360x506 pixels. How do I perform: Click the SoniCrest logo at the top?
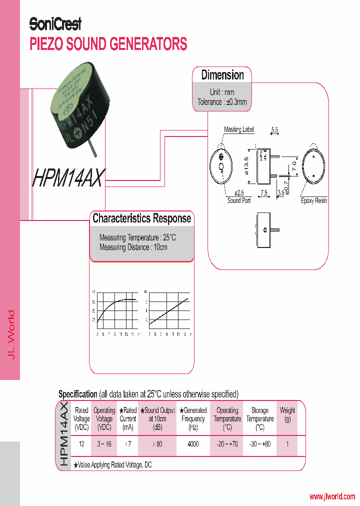pos(55,23)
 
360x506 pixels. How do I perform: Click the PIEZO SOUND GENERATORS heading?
pos(108,44)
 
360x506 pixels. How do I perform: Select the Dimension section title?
pos(222,75)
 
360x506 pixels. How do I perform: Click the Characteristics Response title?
pos(141,218)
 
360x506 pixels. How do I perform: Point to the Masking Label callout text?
pos(238,129)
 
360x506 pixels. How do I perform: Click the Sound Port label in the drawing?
pos(239,200)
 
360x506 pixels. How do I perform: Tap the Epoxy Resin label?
pos(314,200)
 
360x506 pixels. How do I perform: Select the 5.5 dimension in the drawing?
pos(274,130)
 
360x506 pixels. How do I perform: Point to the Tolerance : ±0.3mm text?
pos(222,102)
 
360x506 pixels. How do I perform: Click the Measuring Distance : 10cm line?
pos(133,247)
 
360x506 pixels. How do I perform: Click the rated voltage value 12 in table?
pos(81,444)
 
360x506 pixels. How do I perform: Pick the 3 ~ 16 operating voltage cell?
pos(104,444)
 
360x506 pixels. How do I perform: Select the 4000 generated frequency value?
pos(193,444)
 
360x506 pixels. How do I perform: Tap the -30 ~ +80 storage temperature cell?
pos(259,444)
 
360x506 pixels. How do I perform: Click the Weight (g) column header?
pos(287,414)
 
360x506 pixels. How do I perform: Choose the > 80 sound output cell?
pos(157,444)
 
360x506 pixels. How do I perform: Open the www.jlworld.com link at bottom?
pos(332,496)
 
